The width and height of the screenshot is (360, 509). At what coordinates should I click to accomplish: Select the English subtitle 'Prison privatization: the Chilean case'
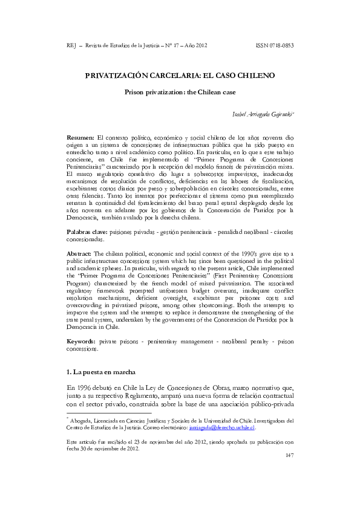tap(180, 92)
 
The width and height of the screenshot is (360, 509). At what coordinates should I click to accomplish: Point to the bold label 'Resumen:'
tap(80, 138)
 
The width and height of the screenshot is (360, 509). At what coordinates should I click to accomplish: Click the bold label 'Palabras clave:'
tap(88, 232)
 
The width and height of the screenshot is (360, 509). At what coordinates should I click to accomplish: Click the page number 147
tap(289, 455)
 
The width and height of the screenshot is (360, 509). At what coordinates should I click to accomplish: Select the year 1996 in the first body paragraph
tap(85, 387)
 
